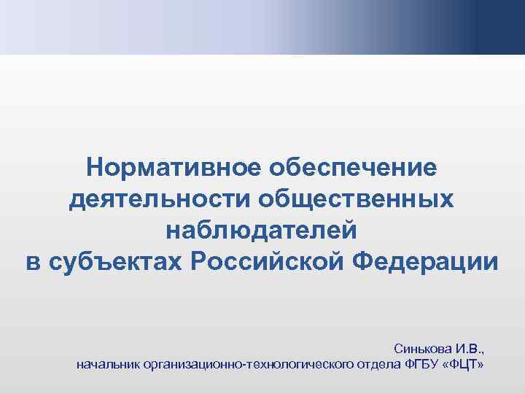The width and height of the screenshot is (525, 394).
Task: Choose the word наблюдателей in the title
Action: [262, 230]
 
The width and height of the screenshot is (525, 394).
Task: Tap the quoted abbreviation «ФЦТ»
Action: [464, 363]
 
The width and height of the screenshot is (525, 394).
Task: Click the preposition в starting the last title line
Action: [32, 261]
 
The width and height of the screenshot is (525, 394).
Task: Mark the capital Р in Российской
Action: [201, 261]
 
